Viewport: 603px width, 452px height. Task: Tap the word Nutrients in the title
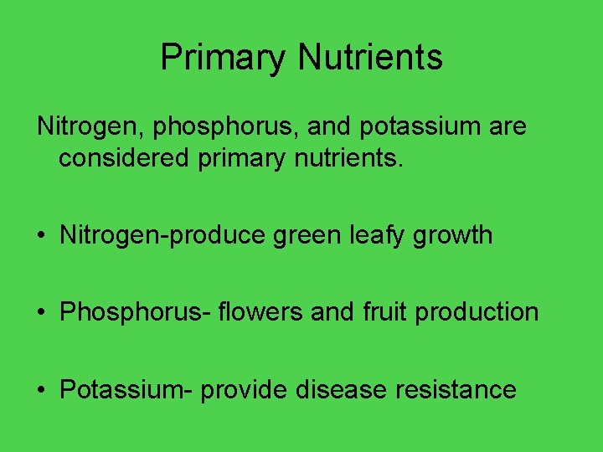coord(370,58)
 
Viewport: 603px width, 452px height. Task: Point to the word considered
coord(125,158)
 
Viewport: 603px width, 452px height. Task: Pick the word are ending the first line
coord(505,127)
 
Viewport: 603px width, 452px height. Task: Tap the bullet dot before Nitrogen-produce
coord(41,235)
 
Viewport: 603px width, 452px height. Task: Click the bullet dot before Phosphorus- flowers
coord(41,312)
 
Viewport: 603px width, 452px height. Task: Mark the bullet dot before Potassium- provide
coord(41,389)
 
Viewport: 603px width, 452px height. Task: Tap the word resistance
coord(463,389)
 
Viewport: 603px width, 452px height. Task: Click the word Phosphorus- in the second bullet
coord(131,312)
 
